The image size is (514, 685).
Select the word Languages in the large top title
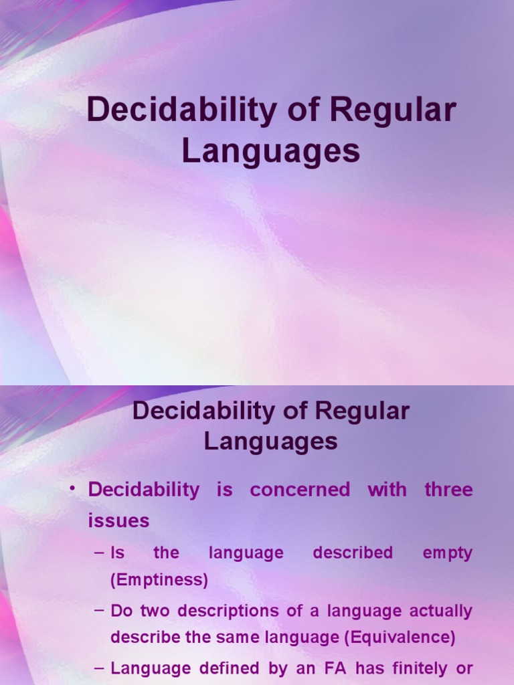[271, 151]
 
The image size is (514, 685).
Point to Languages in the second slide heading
[271, 442]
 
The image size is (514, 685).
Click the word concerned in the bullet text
[300, 490]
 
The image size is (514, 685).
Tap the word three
[448, 490]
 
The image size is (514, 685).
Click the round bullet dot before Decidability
[72, 489]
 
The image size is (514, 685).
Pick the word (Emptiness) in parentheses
[159, 581]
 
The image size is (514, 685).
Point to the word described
[353, 553]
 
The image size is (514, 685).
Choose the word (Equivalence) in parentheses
[400, 638]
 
